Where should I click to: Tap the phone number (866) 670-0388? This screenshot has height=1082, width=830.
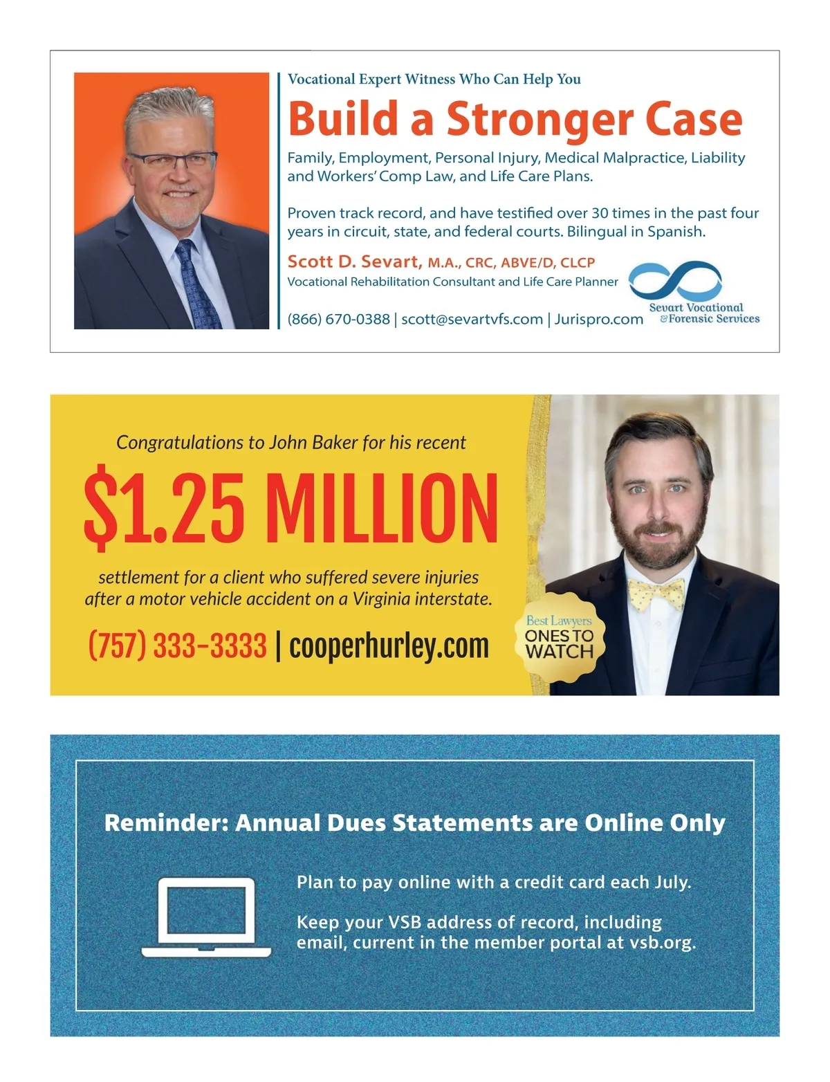pos(338,319)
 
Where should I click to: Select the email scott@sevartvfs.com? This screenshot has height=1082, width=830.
pos(472,319)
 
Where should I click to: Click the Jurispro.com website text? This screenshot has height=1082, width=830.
pos(599,319)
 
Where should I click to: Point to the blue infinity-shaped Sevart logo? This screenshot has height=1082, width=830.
pos(675,280)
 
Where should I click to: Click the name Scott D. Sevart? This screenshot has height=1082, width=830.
pos(353,262)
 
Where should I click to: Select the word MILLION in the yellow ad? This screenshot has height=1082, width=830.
pos(381,508)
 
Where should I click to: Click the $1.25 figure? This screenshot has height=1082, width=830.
pos(164,508)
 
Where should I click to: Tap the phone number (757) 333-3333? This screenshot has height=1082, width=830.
pos(178,646)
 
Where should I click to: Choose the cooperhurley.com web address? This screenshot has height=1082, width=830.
pos(389,646)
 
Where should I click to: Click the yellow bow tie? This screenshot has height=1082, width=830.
pos(655,592)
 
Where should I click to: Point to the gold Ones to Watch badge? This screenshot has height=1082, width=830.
pos(559,637)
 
